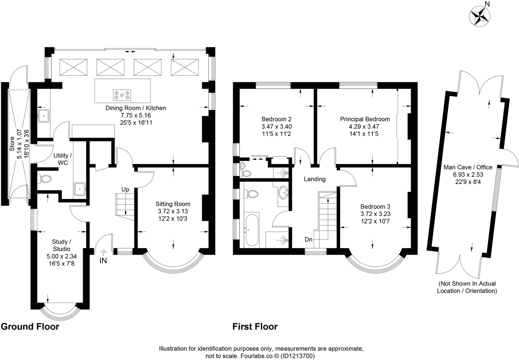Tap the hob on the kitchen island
pos(122,95)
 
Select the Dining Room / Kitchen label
pos(135,108)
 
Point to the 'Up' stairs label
pos(125,189)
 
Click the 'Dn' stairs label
pos(308,240)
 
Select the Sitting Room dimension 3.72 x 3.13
pos(173,211)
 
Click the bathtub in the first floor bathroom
pos(251,229)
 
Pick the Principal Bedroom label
pos(365,119)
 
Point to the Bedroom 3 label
pos(375,207)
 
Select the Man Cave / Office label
pos(468,167)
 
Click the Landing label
pos(315,179)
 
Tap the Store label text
pos(12,144)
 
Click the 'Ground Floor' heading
pos(30,326)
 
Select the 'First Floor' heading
pos(255,326)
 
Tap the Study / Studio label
pos(61,245)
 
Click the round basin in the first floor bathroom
pos(283,193)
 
